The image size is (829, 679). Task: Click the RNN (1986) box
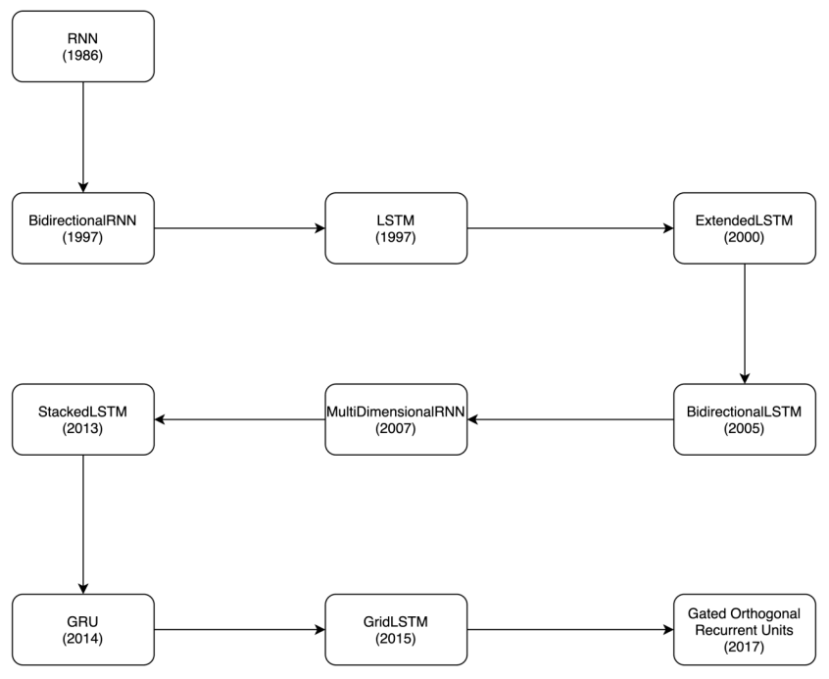[83, 46]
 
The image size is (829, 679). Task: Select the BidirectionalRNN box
[83, 228]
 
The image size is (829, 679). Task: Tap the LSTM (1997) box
[396, 228]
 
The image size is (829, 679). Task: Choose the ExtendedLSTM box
[745, 228]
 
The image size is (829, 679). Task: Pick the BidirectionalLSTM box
[745, 419]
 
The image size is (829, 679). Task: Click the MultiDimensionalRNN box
[396, 419]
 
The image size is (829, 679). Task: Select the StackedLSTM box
[83, 419]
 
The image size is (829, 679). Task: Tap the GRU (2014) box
[83, 629]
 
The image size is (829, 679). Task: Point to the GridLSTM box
[396, 629]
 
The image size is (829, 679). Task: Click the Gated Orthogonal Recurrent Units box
[745, 629]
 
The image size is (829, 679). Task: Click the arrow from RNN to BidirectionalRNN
[83, 137]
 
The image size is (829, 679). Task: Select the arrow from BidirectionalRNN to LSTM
[240, 228]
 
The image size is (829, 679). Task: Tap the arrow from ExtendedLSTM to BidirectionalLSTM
[745, 323]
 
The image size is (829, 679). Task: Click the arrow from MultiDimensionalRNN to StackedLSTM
[240, 419]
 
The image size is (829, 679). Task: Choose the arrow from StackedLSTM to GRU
[83, 524]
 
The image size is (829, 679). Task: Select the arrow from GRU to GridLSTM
[240, 629]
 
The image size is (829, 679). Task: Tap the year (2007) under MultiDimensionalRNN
[396, 428]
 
